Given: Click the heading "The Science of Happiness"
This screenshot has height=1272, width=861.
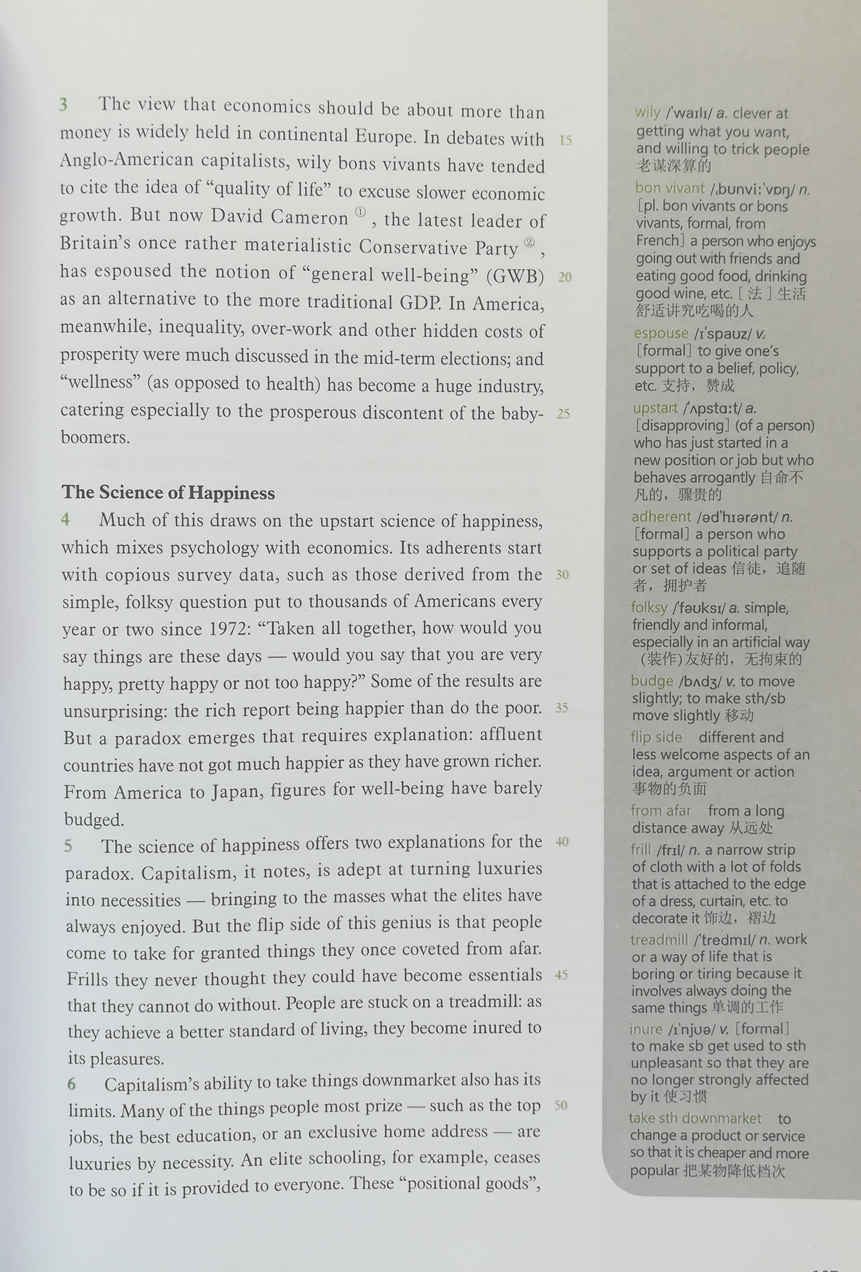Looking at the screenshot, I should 168,492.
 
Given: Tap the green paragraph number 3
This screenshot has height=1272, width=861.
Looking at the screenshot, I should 64,104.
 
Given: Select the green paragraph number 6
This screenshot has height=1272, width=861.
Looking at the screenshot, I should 72,1083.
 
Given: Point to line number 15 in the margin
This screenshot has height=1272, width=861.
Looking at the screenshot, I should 565,140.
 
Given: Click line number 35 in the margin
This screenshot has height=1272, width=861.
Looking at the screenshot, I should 561,707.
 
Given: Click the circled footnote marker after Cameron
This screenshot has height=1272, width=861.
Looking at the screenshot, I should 360,212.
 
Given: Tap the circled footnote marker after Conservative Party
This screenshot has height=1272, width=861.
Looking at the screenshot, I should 529,242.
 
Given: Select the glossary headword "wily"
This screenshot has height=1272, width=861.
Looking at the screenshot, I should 648,112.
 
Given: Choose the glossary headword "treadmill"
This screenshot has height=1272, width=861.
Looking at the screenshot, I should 659,939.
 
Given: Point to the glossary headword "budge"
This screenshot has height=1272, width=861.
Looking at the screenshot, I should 652,680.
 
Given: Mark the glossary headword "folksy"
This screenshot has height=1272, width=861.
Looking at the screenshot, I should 649,607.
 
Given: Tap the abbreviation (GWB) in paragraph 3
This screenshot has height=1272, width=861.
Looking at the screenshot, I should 515,276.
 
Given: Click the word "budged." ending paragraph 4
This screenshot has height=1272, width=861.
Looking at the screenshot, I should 94,819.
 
